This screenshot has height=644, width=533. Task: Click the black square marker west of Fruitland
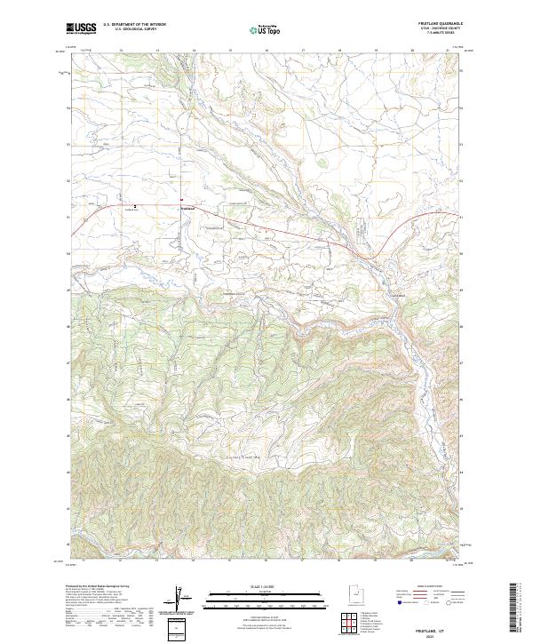pos(135,207)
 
